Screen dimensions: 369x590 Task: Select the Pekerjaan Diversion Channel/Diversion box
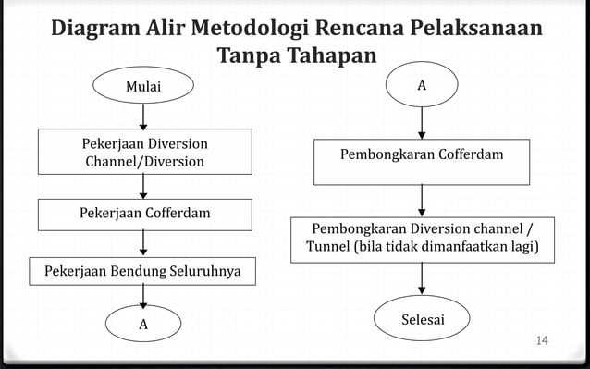tap(143, 153)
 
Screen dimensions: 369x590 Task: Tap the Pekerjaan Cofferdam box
tap(143, 214)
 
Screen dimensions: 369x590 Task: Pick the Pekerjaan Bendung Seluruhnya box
tap(143, 271)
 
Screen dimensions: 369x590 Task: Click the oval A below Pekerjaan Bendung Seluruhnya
tap(143, 325)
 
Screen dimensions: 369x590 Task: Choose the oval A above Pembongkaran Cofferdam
tap(422, 85)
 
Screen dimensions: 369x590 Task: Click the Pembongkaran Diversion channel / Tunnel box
tap(423, 239)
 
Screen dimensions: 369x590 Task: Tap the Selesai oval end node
tap(423, 320)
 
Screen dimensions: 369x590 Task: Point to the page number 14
tap(542, 343)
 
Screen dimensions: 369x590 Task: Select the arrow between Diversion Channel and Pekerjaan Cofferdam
tap(143, 187)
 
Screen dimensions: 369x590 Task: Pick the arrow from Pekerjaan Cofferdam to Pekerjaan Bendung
tap(143, 243)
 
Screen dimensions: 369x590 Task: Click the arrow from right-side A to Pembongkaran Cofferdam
tap(422, 120)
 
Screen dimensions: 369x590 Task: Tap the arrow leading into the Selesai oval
tap(423, 280)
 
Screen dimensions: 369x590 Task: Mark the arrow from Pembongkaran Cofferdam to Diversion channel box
tap(423, 199)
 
